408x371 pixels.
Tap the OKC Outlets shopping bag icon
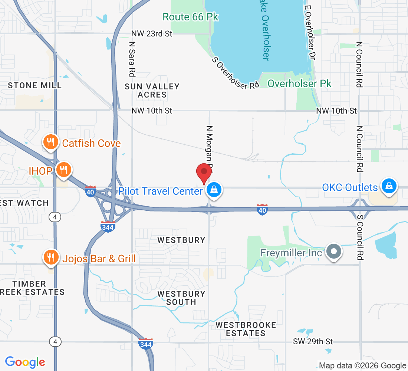(x=389, y=186)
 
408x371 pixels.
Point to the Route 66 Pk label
(x=191, y=17)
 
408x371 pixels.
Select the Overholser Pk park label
(x=299, y=83)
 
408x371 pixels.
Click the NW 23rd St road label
(x=152, y=34)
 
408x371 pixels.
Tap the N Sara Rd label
(x=132, y=57)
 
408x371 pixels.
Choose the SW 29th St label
(x=313, y=341)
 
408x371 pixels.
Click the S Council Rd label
(x=359, y=237)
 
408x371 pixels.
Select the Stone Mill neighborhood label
(x=35, y=85)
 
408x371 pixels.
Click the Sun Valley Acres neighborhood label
(x=152, y=91)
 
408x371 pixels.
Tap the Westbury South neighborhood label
(x=181, y=298)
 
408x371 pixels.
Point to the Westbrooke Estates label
(x=246, y=329)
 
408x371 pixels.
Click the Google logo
(x=25, y=362)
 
